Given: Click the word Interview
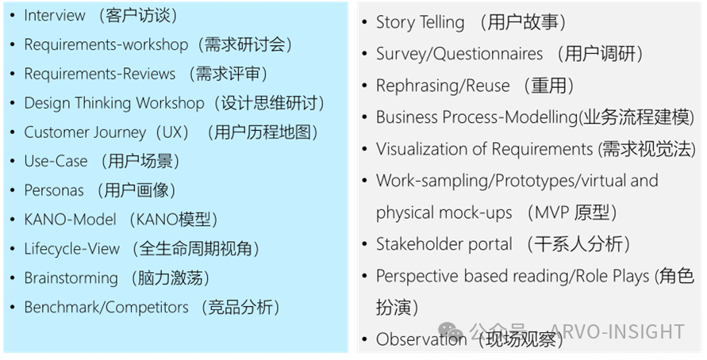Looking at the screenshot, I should click(55, 15).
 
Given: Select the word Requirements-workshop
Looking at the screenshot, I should click(106, 44).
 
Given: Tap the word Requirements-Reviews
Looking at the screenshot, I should click(100, 74).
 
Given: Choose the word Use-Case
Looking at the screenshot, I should click(56, 161).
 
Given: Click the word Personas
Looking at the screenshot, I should click(54, 190).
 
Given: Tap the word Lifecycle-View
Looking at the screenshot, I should click(72, 249).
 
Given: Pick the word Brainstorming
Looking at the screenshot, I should click(71, 278).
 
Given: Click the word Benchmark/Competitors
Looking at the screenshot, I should click(106, 307).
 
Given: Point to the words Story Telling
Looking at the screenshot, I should click(420, 22).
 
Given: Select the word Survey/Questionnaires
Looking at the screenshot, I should click(459, 54).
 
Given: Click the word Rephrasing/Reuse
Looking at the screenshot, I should click(442, 86).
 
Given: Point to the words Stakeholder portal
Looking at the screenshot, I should click(444, 244).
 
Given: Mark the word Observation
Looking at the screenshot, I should click(421, 339).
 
